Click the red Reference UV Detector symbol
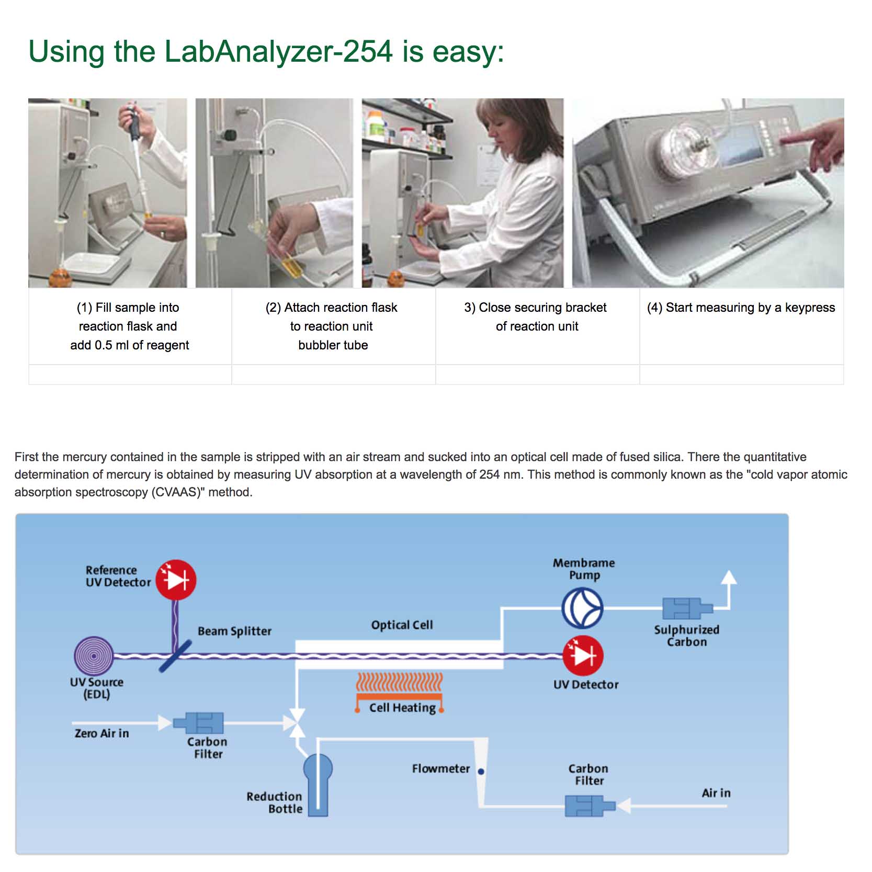(176, 580)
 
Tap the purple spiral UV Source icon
(94, 655)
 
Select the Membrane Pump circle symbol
(582, 608)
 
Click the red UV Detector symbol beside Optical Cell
(583, 655)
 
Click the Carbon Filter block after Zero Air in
(199, 723)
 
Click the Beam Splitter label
(234, 631)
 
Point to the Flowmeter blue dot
(481, 771)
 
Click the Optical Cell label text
(402, 625)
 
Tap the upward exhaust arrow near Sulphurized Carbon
(729, 578)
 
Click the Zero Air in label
(101, 733)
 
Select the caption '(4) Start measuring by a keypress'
(741, 308)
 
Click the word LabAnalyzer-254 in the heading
(278, 51)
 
